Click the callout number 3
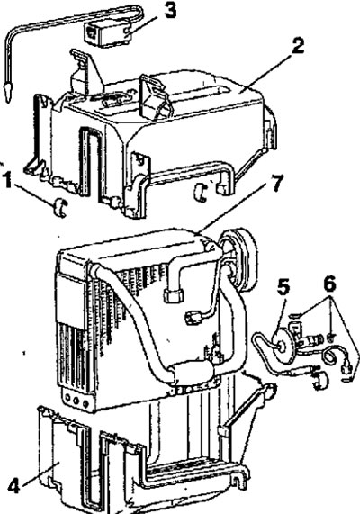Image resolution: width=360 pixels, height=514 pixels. point(170,11)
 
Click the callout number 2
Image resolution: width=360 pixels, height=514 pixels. point(298,46)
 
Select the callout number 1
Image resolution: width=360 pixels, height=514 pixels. point(7,180)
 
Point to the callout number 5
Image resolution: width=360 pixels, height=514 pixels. point(283,288)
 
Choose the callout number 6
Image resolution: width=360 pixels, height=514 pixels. point(329,284)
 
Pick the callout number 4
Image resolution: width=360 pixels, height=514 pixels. point(13,485)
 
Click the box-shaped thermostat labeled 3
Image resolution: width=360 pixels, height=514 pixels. point(107,32)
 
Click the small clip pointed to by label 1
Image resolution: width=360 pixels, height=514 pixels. point(60,208)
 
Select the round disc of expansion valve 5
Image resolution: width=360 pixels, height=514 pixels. point(283,347)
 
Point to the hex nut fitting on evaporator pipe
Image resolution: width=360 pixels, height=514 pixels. point(174,295)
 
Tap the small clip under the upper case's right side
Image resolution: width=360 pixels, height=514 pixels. point(201,193)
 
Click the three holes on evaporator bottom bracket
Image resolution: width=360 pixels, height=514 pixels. point(76,401)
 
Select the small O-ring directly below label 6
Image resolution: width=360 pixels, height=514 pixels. point(331,337)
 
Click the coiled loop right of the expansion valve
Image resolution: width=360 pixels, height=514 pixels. point(329,356)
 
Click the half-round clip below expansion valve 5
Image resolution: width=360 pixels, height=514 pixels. point(320,381)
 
